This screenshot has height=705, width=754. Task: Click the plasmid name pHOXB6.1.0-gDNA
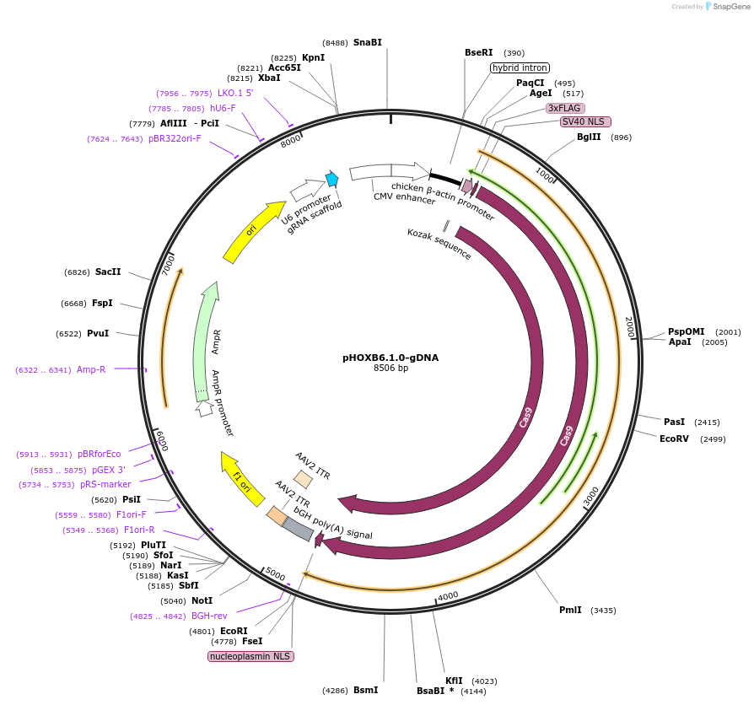390,357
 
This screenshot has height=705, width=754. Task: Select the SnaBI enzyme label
368,42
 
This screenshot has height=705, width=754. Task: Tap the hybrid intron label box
520,67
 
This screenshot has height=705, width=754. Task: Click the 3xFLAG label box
564,108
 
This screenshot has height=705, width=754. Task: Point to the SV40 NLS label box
585,121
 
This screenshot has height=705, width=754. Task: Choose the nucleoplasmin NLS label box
250,655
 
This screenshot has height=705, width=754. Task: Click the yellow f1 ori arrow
243,479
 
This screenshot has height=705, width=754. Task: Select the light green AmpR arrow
205,337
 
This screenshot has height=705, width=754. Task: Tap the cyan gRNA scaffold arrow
332,179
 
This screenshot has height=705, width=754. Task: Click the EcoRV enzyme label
675,439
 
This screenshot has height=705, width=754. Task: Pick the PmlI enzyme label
570,610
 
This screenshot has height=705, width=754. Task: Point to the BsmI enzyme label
365,690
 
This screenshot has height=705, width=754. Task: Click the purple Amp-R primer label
91,369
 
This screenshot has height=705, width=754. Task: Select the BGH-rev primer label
209,616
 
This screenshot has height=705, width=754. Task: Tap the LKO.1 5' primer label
235,93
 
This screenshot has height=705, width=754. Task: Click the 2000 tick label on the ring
628,327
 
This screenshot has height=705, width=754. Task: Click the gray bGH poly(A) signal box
297,529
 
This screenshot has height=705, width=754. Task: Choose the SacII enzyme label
108,272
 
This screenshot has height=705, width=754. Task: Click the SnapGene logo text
730,7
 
